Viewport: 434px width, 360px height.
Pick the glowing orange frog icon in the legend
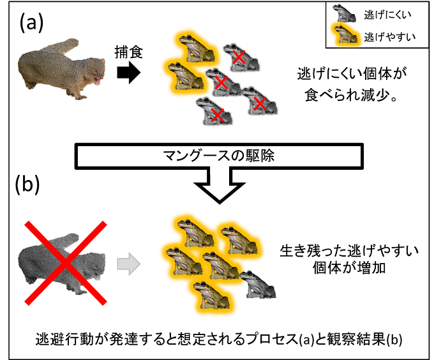click(x=342, y=36)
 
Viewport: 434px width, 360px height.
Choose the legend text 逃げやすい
click(x=384, y=36)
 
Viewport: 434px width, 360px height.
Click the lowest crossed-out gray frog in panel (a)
click(x=214, y=111)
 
